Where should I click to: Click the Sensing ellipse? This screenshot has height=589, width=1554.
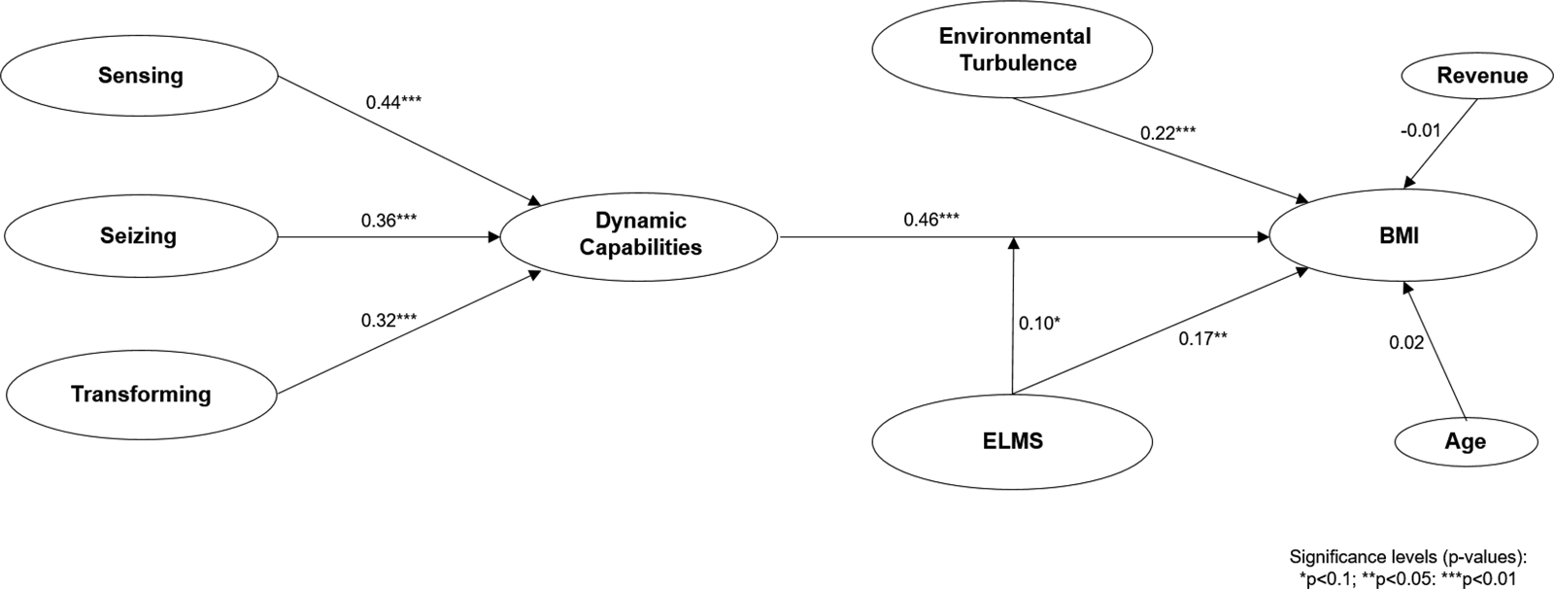point(141,76)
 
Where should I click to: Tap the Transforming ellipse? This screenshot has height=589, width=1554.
point(141,394)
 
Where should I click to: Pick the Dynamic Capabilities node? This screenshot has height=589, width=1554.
point(639,235)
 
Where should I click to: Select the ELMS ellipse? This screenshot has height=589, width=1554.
point(1012,440)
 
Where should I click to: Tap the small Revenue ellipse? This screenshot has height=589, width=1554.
point(1469,76)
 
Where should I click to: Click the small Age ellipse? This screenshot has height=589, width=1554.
point(1465,442)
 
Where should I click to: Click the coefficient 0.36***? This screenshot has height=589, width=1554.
point(388,221)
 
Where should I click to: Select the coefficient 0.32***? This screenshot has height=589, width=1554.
point(388,320)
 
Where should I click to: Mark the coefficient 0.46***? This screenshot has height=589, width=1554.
point(931,220)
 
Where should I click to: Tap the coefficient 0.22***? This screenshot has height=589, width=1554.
point(1168,132)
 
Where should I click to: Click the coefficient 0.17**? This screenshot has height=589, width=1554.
point(1203,338)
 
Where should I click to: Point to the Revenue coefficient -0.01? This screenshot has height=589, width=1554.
point(1420,129)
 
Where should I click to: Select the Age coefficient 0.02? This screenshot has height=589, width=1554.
point(1406,342)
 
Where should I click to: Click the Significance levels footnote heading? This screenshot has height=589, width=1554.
point(1408,557)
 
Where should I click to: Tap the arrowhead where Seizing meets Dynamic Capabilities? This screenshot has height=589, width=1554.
point(491,236)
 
